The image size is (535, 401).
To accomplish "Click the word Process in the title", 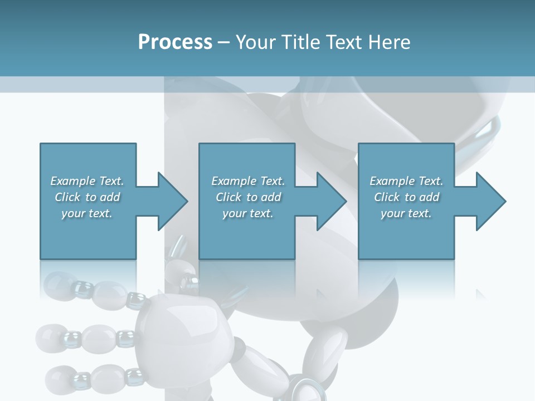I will pos(175,42).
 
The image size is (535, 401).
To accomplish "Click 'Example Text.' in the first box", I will pos(87,181).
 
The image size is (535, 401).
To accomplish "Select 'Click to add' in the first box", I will pos(87,197).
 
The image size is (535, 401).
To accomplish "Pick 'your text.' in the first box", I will pos(87,213).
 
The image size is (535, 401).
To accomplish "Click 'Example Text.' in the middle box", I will pos(248,181).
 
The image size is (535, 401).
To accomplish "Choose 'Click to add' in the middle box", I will pos(248,197).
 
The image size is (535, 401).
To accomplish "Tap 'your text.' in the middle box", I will pos(248,213).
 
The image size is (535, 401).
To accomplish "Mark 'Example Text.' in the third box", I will pos(406,181).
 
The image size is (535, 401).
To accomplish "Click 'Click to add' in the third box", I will pos(406,197).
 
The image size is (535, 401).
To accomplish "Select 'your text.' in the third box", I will pos(406,213).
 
